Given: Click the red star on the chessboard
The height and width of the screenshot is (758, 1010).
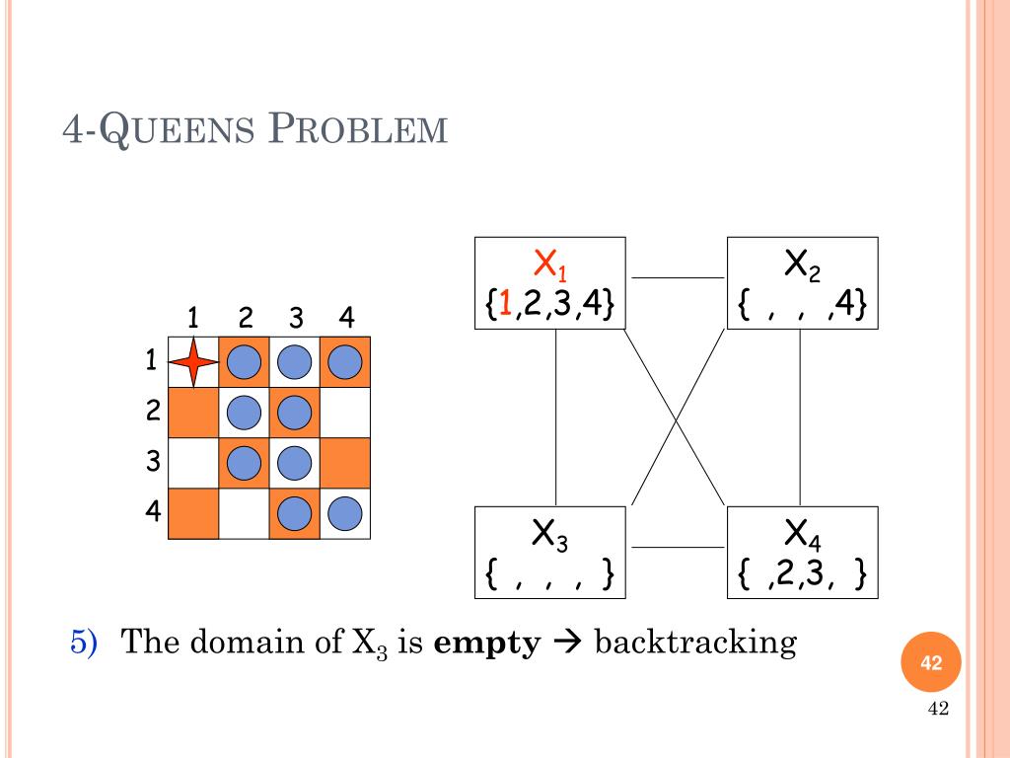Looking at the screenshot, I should (x=193, y=362).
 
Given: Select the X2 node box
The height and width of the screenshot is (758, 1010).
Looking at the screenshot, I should (x=802, y=282).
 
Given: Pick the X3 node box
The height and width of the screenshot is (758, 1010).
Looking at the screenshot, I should (x=550, y=552).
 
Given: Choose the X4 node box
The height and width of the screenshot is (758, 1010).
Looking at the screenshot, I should (x=802, y=552).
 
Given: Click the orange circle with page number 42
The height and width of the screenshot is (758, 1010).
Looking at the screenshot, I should (x=931, y=664).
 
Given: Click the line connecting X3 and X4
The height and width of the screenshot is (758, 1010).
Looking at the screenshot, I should (x=677, y=547).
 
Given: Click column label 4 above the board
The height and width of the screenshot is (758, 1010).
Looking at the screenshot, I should (x=345, y=318).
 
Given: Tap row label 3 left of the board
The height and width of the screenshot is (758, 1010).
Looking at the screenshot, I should (x=152, y=461).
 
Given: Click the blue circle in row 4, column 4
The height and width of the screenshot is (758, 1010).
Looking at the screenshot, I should (x=345, y=513).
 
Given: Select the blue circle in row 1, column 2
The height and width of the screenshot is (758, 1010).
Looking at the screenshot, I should (x=244, y=363).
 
